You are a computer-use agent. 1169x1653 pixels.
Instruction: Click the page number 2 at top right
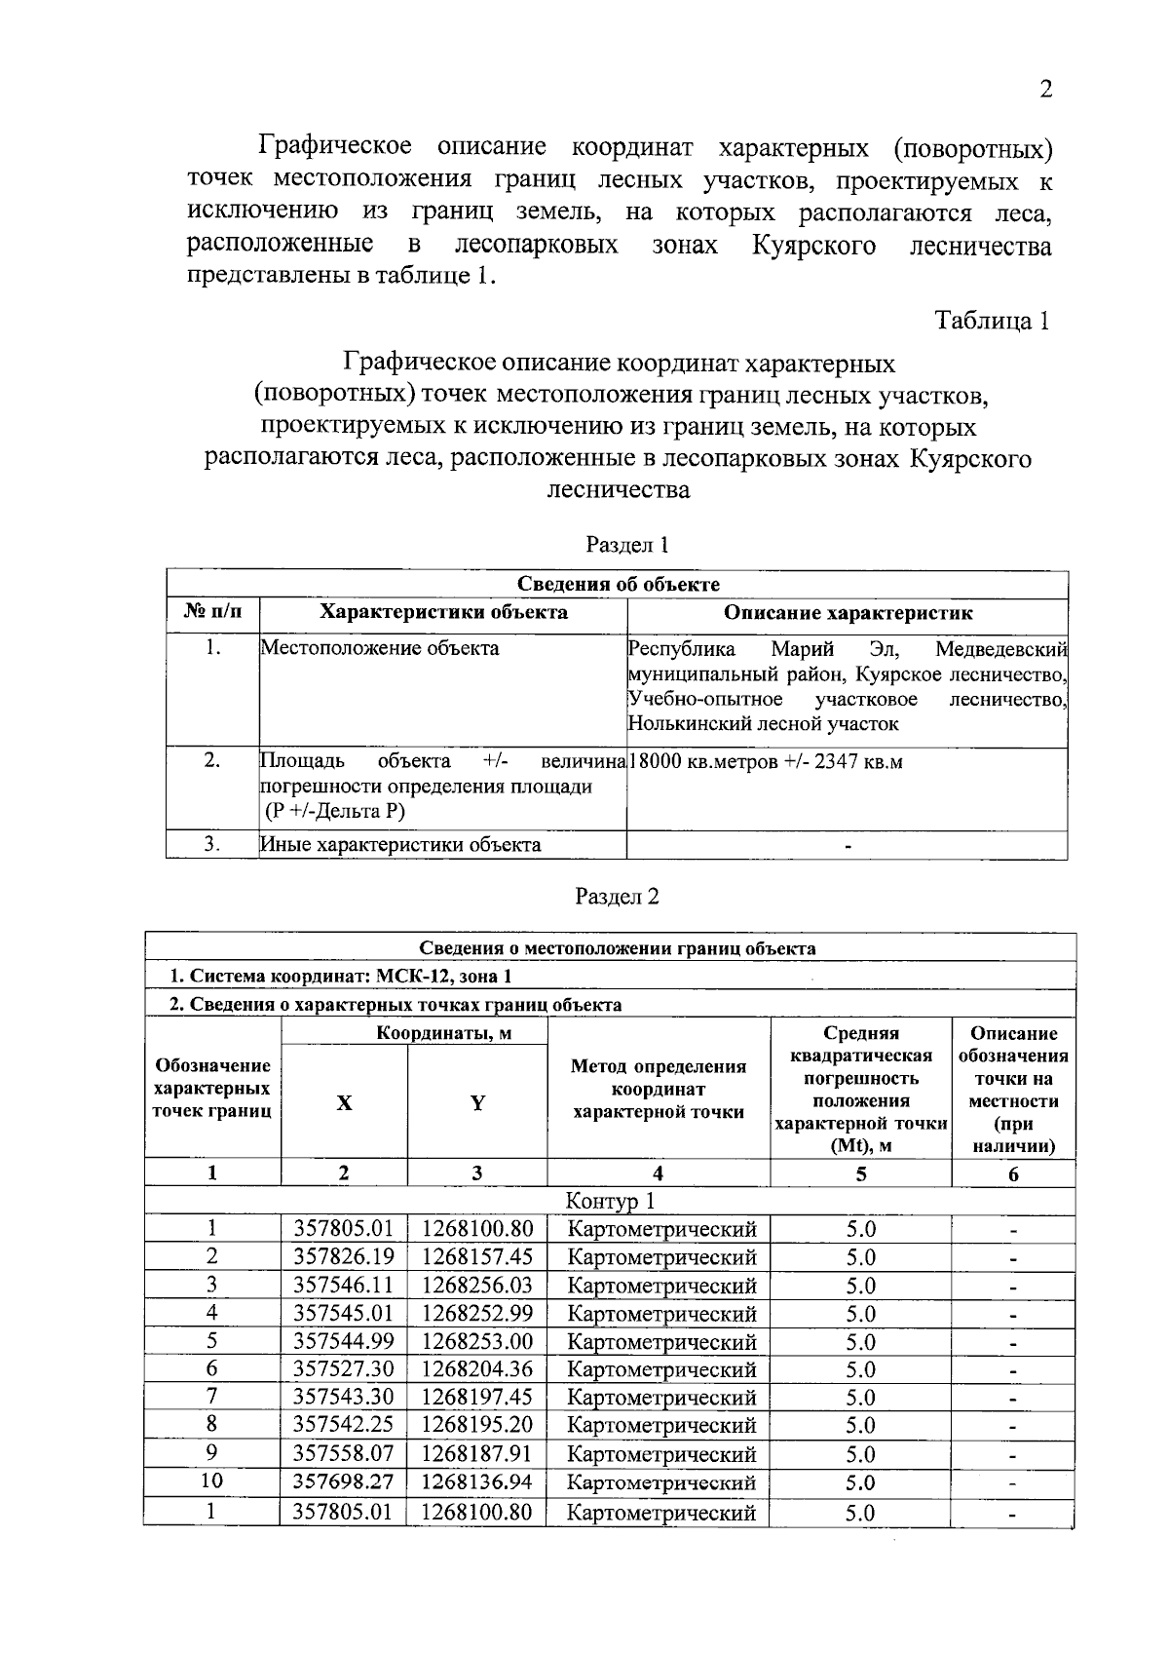(x=1046, y=90)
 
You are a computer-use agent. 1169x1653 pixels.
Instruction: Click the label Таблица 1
(x=992, y=321)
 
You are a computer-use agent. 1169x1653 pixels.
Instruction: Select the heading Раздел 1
(x=627, y=545)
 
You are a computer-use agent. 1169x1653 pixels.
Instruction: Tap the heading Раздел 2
(x=618, y=896)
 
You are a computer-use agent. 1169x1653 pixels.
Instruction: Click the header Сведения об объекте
(x=618, y=584)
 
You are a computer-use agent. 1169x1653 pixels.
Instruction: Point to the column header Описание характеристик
(x=847, y=613)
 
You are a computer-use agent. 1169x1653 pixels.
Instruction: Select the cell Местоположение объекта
(x=380, y=648)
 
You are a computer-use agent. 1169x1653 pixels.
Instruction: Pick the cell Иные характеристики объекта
(x=400, y=844)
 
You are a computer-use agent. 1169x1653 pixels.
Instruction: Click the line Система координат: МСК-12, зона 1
(x=341, y=977)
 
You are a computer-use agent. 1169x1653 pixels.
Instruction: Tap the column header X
(x=344, y=1102)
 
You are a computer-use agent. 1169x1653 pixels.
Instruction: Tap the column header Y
(x=477, y=1102)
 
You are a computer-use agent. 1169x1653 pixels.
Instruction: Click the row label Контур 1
(x=610, y=1201)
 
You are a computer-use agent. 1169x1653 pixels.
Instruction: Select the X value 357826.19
(x=344, y=1257)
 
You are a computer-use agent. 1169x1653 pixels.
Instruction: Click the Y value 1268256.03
(x=477, y=1286)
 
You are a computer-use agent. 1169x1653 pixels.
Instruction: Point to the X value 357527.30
(x=344, y=1369)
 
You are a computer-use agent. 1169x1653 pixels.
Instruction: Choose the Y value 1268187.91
(x=477, y=1454)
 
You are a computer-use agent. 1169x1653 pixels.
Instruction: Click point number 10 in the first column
(x=211, y=1481)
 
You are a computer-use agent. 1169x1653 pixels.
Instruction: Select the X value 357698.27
(x=344, y=1482)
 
